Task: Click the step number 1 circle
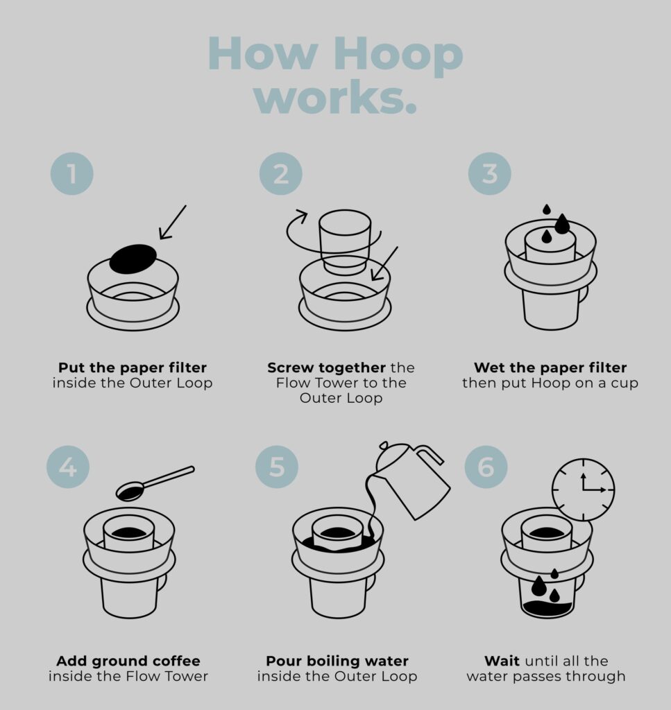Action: tap(71, 174)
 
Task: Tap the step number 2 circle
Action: tap(281, 174)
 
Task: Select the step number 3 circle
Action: tap(490, 174)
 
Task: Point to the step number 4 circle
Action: tap(68, 467)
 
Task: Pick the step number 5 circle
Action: tap(277, 467)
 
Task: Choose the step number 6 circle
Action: tap(486, 467)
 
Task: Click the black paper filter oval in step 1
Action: tap(133, 259)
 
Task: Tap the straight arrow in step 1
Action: tap(173, 222)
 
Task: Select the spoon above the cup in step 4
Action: tap(155, 483)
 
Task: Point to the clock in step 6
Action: tap(583, 490)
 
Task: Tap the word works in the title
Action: tap(335, 97)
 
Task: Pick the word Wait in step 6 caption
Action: tap(502, 661)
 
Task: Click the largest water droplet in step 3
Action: tap(562, 224)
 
